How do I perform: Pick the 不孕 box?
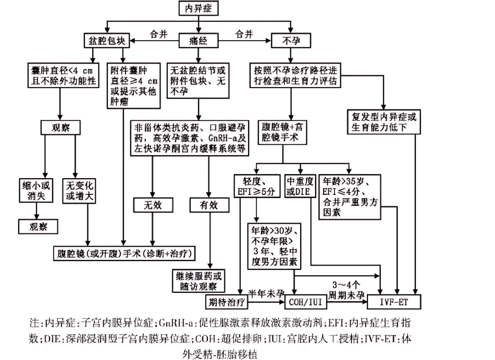[x=288, y=40]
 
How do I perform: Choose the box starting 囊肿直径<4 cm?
[x=63, y=75]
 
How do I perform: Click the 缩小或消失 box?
[x=36, y=190]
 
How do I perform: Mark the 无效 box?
[x=153, y=205]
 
